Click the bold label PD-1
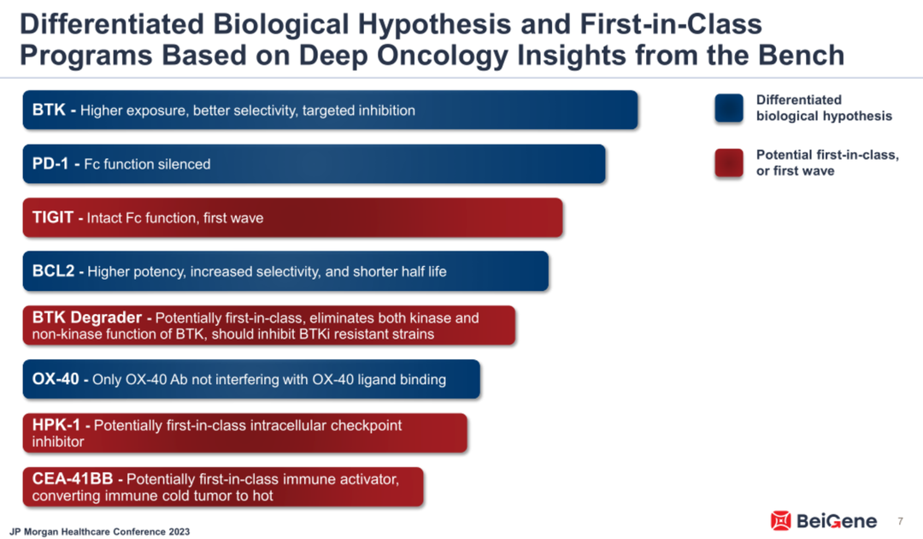(x=50, y=163)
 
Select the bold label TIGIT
(x=52, y=217)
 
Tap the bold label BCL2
(x=53, y=271)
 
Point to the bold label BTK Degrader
(x=86, y=317)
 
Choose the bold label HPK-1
(x=56, y=424)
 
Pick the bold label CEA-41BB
(x=73, y=478)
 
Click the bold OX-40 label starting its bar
(x=56, y=379)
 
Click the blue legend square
(x=729, y=109)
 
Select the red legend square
(x=729, y=163)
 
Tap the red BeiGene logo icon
(x=780, y=521)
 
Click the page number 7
(x=900, y=521)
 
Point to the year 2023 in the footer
(x=179, y=531)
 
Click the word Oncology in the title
(x=444, y=56)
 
